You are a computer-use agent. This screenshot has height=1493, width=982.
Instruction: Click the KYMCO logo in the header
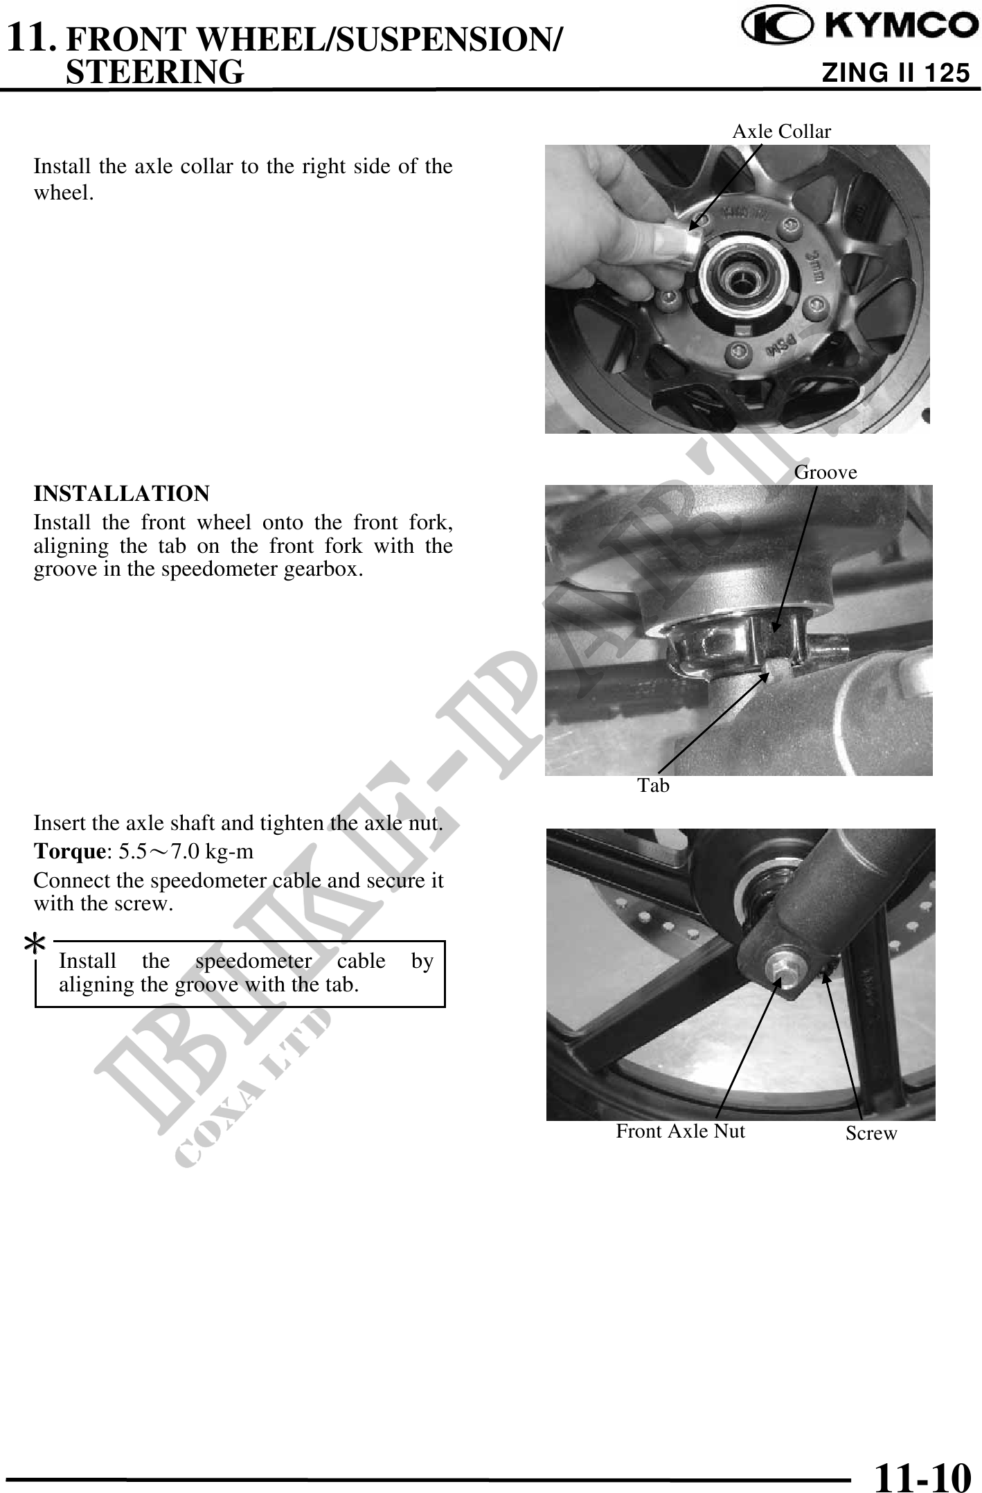point(855,26)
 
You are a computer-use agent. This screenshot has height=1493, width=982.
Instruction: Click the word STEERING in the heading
point(154,71)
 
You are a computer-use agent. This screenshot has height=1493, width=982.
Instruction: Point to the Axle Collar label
point(781,131)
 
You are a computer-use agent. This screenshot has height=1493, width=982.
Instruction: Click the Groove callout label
point(825,472)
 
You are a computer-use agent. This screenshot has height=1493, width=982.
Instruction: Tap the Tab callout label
point(654,785)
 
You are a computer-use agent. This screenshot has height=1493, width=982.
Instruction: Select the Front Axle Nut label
point(681,1131)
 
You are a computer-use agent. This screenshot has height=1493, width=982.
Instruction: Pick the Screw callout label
point(871,1133)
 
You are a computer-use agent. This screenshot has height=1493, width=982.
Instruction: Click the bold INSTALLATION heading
point(122,494)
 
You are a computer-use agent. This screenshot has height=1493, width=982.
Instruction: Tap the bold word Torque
point(69,851)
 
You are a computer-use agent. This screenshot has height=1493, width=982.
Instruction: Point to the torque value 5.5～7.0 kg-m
point(186,851)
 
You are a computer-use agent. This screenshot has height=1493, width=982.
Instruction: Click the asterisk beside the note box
point(36,943)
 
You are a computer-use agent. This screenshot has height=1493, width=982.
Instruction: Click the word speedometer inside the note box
point(253,962)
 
